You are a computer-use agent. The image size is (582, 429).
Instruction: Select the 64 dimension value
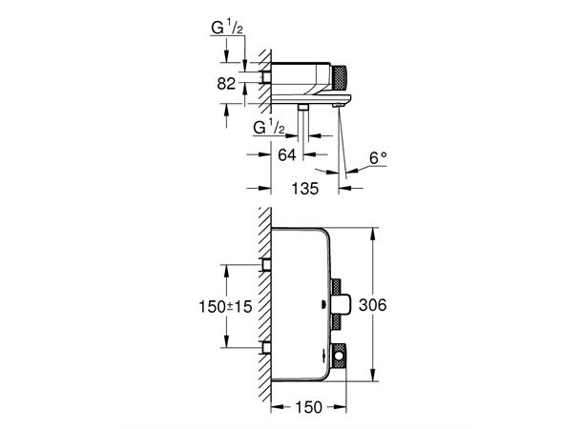pyautogui.click(x=285, y=153)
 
